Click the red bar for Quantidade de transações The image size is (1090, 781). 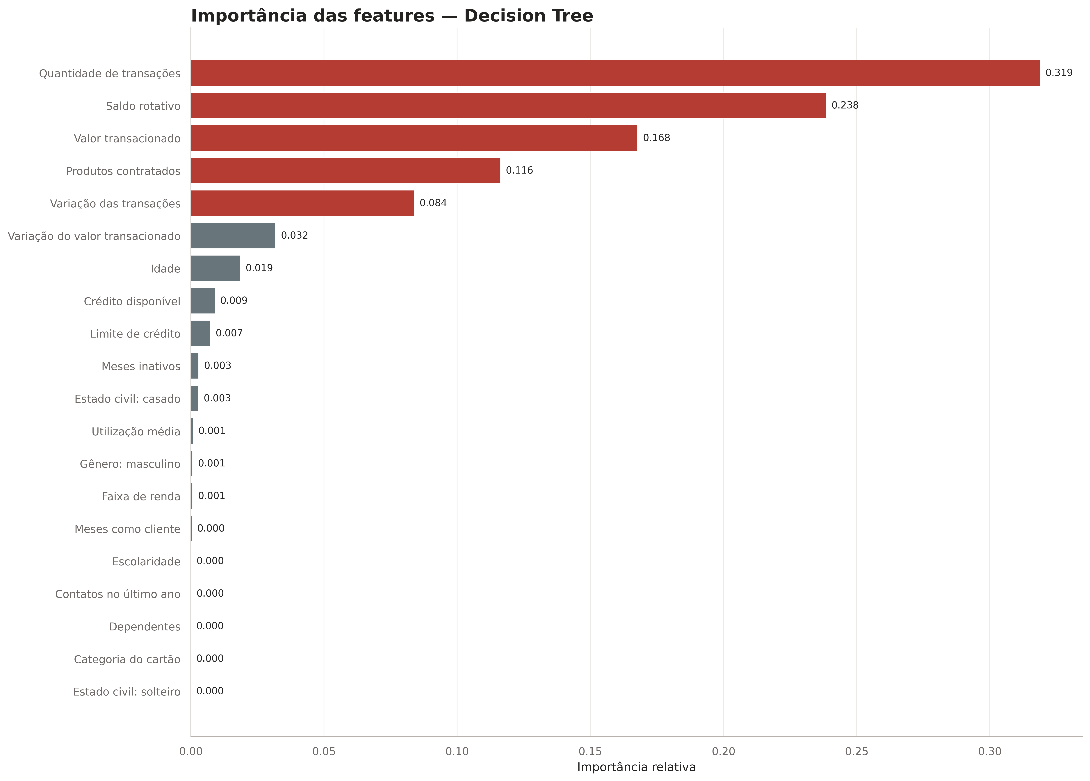pyautogui.click(x=615, y=73)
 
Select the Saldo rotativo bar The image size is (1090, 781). pyautogui.click(x=508, y=106)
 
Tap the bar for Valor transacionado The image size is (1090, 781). pyautogui.click(x=414, y=138)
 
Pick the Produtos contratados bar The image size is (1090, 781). pyautogui.click(x=345, y=171)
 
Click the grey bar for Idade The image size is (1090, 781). pyautogui.click(x=216, y=268)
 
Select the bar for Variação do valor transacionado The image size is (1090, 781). pyautogui.click(x=233, y=236)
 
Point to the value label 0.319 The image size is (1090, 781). pyautogui.click(x=1059, y=73)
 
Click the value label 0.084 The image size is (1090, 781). pyautogui.click(x=433, y=203)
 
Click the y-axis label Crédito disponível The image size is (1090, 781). pyautogui.click(x=132, y=301)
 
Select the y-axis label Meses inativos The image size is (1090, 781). pyautogui.click(x=141, y=366)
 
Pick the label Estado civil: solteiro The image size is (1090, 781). pyautogui.click(x=126, y=692)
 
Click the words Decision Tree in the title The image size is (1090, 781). pyautogui.click(x=529, y=16)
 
